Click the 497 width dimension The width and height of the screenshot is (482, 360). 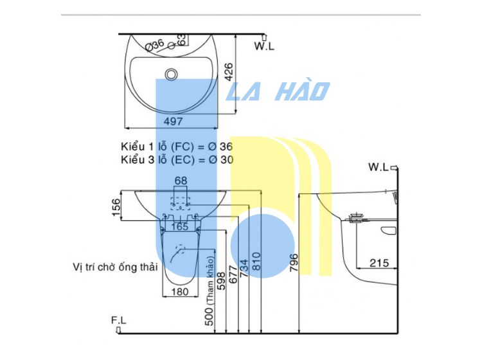(x=173, y=122)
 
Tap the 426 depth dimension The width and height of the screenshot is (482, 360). (x=229, y=72)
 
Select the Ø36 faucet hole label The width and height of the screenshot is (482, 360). (x=155, y=45)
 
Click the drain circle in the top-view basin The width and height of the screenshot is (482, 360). (x=171, y=74)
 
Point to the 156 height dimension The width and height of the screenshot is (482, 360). (x=116, y=208)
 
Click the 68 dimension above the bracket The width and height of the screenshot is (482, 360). (x=181, y=181)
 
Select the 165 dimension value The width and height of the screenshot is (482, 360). (x=180, y=227)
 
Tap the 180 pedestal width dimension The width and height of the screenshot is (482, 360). (x=180, y=291)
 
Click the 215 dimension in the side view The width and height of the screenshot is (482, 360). (x=379, y=263)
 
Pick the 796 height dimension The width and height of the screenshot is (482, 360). (x=294, y=262)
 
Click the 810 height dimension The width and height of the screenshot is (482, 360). (x=256, y=261)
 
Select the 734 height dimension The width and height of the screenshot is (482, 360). (x=244, y=268)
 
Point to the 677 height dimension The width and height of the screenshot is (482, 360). (x=233, y=274)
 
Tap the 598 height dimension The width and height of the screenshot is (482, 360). (x=221, y=281)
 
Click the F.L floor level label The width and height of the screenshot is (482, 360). (x=119, y=320)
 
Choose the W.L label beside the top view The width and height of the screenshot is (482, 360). (x=264, y=46)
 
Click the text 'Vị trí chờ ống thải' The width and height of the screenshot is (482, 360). (x=115, y=267)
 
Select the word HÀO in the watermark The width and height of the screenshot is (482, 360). (x=303, y=91)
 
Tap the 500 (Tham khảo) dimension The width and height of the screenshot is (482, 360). (x=210, y=291)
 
